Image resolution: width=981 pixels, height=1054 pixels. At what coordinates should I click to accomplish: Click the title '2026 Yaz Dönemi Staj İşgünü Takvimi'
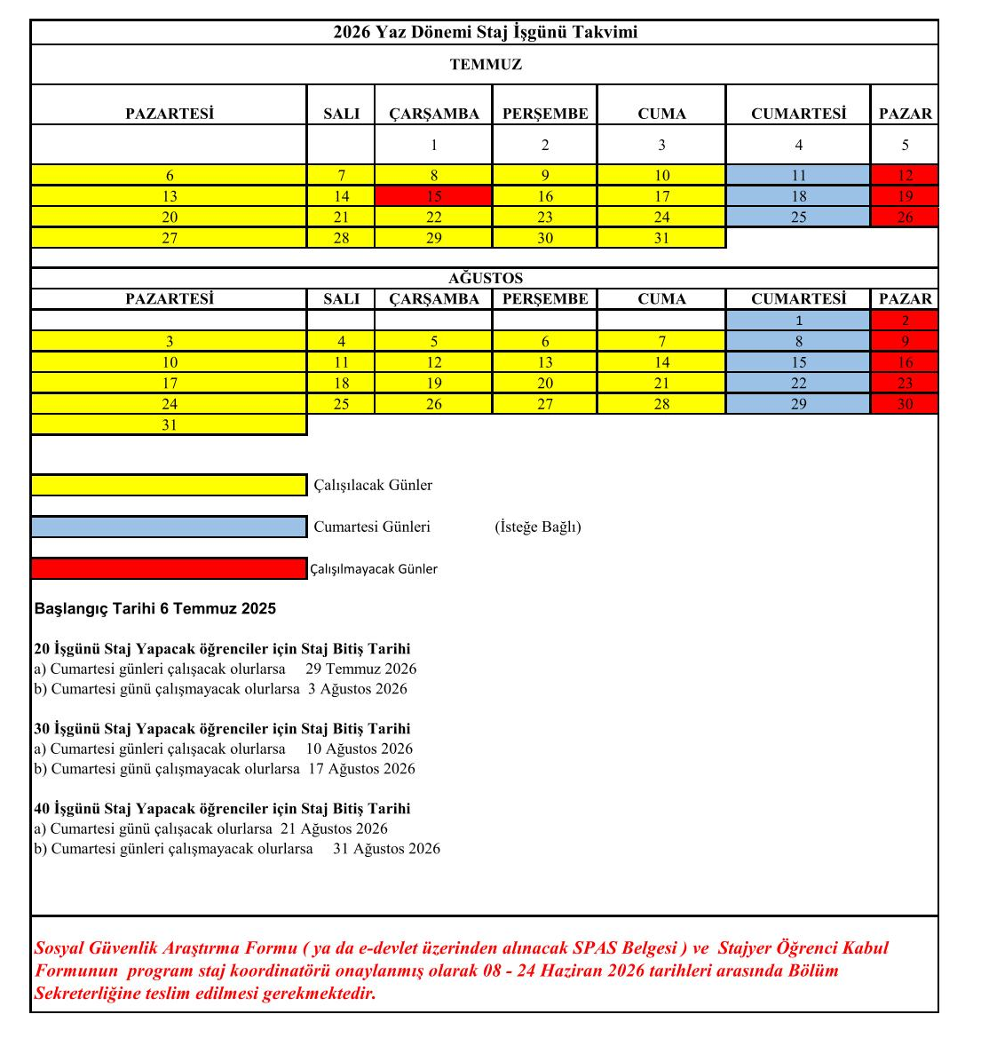485,33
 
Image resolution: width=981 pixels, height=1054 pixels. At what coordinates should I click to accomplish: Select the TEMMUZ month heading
485,65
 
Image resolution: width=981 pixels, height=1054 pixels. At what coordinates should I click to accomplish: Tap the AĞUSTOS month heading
485,278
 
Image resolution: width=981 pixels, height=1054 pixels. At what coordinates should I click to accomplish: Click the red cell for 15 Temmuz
433,196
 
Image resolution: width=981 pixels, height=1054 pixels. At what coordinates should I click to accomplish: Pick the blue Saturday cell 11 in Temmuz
798,176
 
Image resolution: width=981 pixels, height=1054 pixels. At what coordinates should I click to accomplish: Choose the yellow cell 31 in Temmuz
661,238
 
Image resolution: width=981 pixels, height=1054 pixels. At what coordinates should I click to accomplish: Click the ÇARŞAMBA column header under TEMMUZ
433,114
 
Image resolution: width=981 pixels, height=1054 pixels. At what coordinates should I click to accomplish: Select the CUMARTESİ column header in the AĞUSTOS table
798,299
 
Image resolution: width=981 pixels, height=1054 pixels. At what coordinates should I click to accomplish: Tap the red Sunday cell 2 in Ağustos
905,321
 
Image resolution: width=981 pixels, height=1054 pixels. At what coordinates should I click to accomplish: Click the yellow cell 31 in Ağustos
169,425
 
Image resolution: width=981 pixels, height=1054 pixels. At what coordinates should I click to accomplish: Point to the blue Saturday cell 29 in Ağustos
798,404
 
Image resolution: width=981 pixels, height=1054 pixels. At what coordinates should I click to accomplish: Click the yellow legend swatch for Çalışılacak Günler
169,485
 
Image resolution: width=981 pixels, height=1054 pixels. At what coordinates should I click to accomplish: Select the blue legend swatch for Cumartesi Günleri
169,527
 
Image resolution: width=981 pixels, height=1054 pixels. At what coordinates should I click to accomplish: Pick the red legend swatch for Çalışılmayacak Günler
169,568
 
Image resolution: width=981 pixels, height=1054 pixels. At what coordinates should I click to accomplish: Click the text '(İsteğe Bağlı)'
538,527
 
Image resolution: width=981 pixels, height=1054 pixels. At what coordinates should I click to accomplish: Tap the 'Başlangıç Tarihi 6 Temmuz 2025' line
155,609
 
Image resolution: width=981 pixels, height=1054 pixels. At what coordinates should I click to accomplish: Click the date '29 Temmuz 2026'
360,670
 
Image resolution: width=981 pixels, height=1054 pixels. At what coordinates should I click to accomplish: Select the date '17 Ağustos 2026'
361,769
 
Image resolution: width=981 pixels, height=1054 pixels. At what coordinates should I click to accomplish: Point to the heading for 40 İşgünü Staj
222,809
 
